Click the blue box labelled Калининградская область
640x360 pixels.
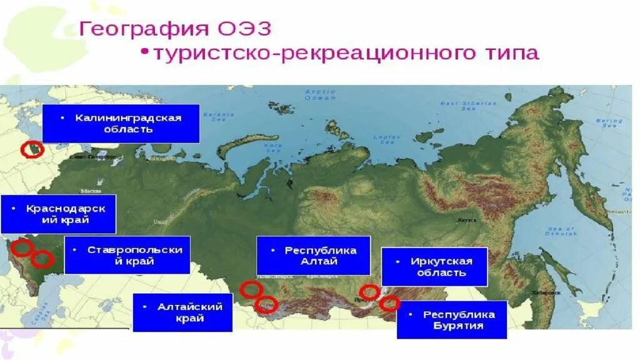point(121,123)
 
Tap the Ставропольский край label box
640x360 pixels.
point(127,255)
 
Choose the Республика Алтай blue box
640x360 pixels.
point(313,255)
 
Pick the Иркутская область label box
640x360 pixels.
point(434,266)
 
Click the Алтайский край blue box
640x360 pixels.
point(182,312)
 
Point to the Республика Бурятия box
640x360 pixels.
point(451,320)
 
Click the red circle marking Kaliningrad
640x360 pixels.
point(32,149)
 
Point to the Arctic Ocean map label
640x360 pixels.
point(320,95)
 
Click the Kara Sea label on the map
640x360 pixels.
point(273,147)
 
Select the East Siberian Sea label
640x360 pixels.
point(466,106)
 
